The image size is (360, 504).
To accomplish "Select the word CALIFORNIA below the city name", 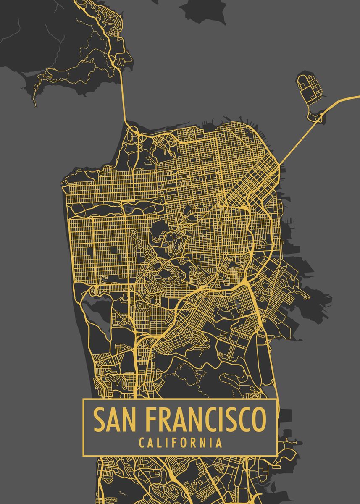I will click(180, 443).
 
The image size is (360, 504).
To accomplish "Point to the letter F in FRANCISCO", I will click(153, 420).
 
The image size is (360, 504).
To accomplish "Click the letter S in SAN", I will click(99, 420).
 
